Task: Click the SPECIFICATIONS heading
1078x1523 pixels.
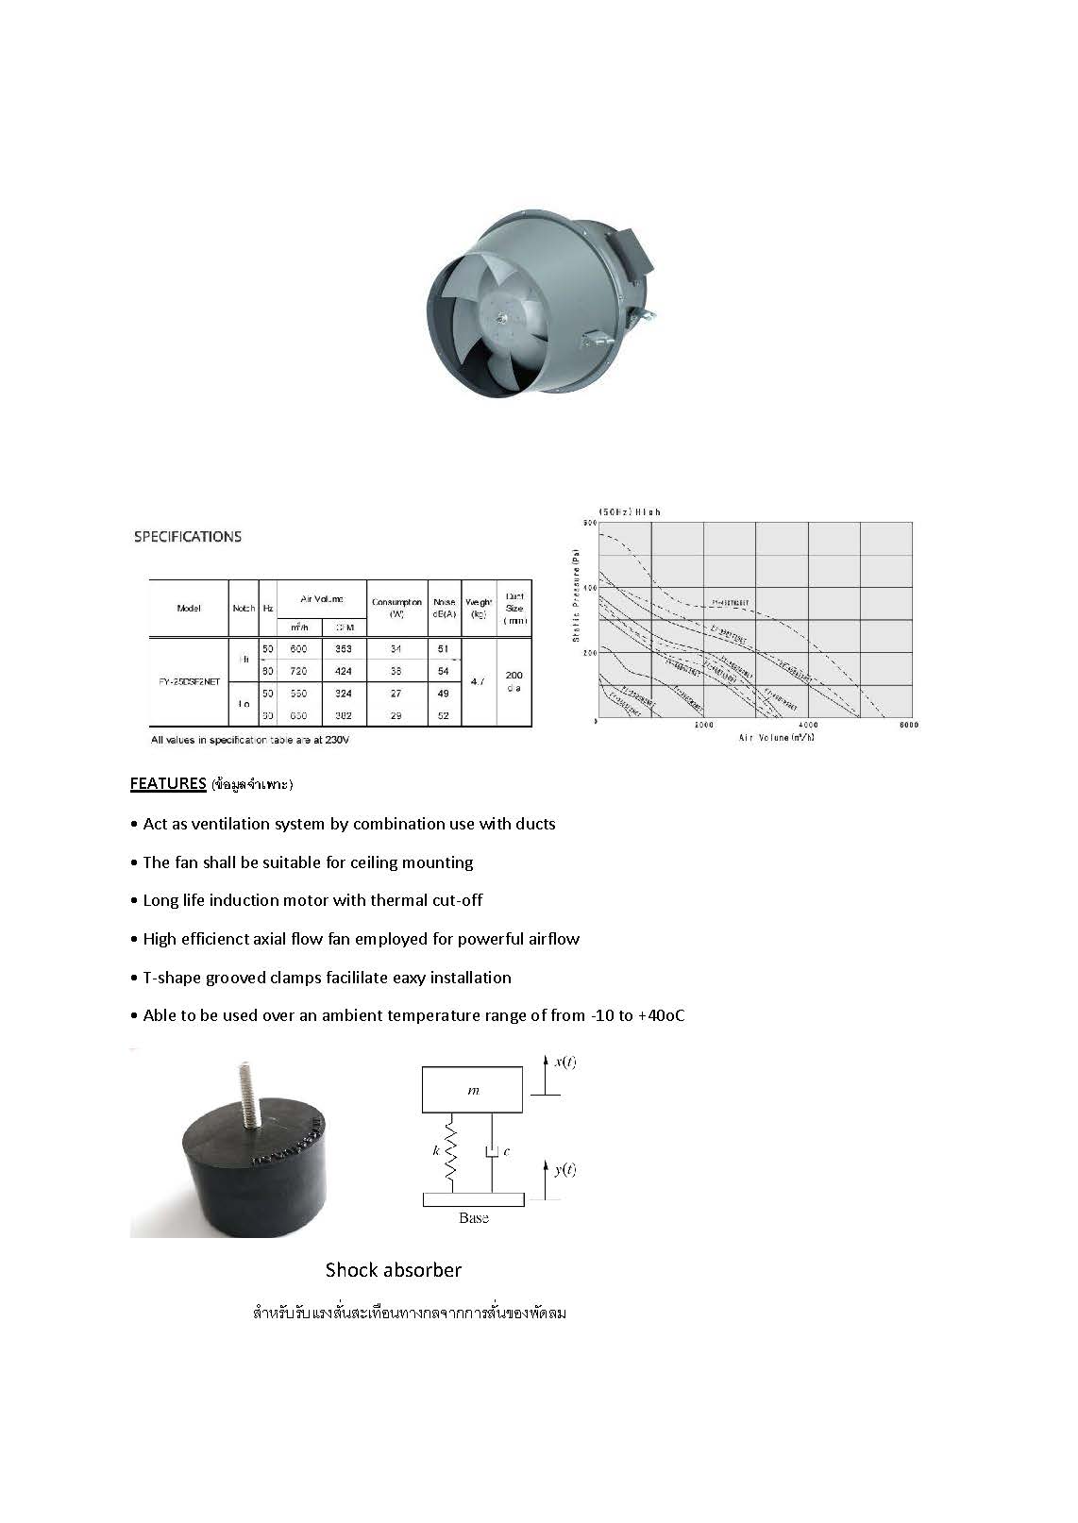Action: tap(187, 537)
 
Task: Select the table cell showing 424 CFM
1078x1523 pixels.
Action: tap(343, 671)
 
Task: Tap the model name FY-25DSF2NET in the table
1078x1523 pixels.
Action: tap(189, 681)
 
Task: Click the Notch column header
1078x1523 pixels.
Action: tap(244, 608)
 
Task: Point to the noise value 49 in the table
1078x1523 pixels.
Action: tap(444, 694)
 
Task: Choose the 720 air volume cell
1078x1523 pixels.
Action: tap(298, 671)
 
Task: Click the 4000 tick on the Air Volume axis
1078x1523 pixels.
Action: tap(808, 725)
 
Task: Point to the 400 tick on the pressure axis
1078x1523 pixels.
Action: tap(590, 588)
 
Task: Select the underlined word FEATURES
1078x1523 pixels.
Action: tap(168, 783)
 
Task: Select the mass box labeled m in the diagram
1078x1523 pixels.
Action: tap(473, 1091)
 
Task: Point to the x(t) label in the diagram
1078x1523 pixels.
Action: tap(564, 1063)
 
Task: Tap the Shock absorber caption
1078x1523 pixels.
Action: tap(394, 1270)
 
